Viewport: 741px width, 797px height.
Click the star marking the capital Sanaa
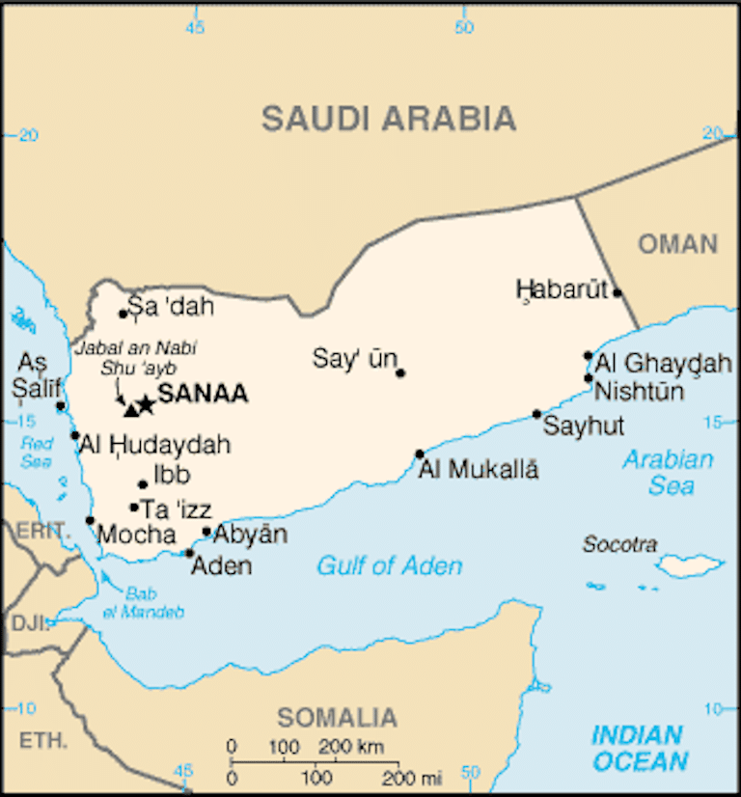[x=146, y=404]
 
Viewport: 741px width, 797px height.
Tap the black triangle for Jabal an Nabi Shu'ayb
[x=131, y=409]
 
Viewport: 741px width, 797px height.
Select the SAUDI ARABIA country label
[x=389, y=119]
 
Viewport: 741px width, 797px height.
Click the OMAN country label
[x=677, y=243]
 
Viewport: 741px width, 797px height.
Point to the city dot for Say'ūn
[x=400, y=372]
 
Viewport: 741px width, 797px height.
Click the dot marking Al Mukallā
[x=420, y=453]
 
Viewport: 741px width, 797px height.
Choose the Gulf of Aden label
[x=389, y=566]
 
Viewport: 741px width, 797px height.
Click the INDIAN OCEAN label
[x=640, y=749]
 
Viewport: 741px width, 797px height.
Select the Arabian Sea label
[x=668, y=472]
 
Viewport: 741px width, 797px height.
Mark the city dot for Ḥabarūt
[x=617, y=292]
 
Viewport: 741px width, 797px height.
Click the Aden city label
[x=221, y=566]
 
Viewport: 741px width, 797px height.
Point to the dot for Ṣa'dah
[x=123, y=313]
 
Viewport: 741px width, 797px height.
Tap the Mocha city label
[x=137, y=535]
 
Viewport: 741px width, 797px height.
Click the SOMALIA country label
[x=337, y=718]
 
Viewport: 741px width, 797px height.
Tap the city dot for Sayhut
[x=537, y=414]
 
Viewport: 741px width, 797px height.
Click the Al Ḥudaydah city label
[x=154, y=445]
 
